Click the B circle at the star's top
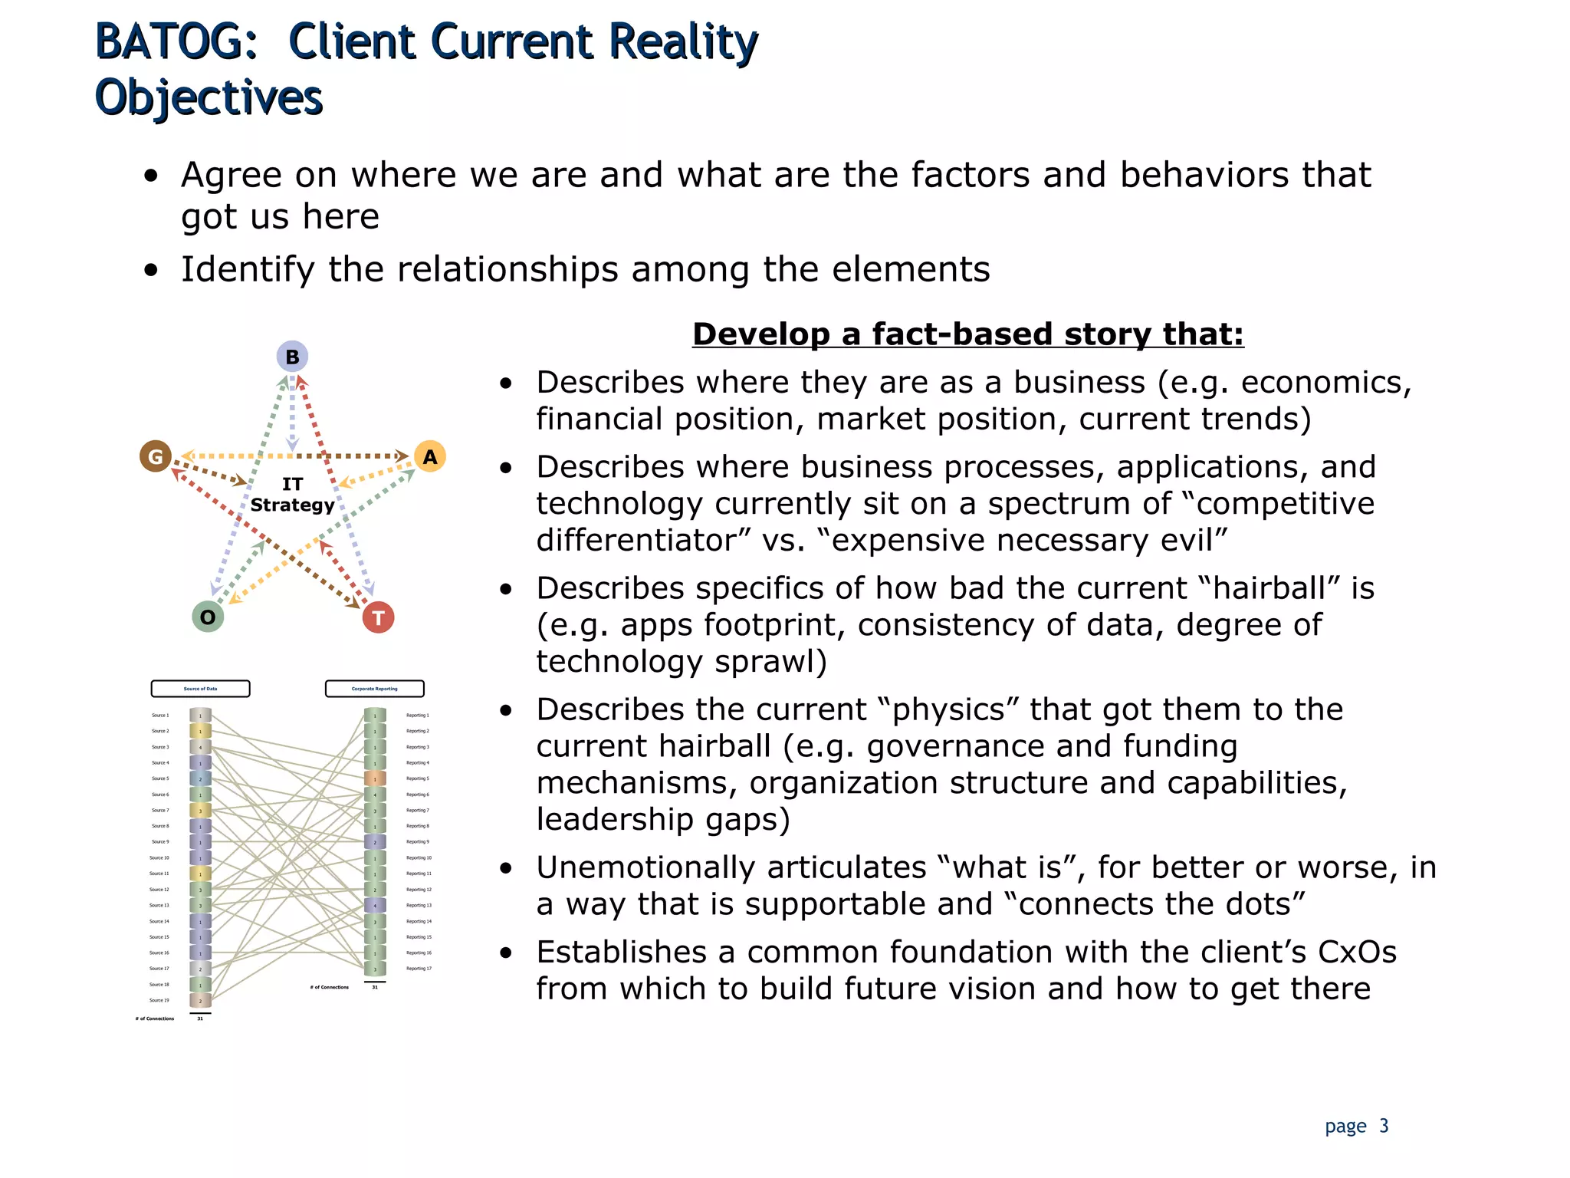coord(292,357)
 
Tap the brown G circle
coord(156,457)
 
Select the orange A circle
coord(430,457)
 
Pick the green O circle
coord(208,617)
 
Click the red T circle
coord(378,617)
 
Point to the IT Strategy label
coord(292,495)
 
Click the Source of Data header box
coord(200,689)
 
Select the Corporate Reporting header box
coord(375,689)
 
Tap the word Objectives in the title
coord(209,98)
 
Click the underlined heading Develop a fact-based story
coord(967,334)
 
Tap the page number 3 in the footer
coord(1384,1126)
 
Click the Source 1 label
coord(160,716)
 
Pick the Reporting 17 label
coord(419,969)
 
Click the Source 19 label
coord(159,1000)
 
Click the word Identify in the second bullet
coord(247,269)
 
